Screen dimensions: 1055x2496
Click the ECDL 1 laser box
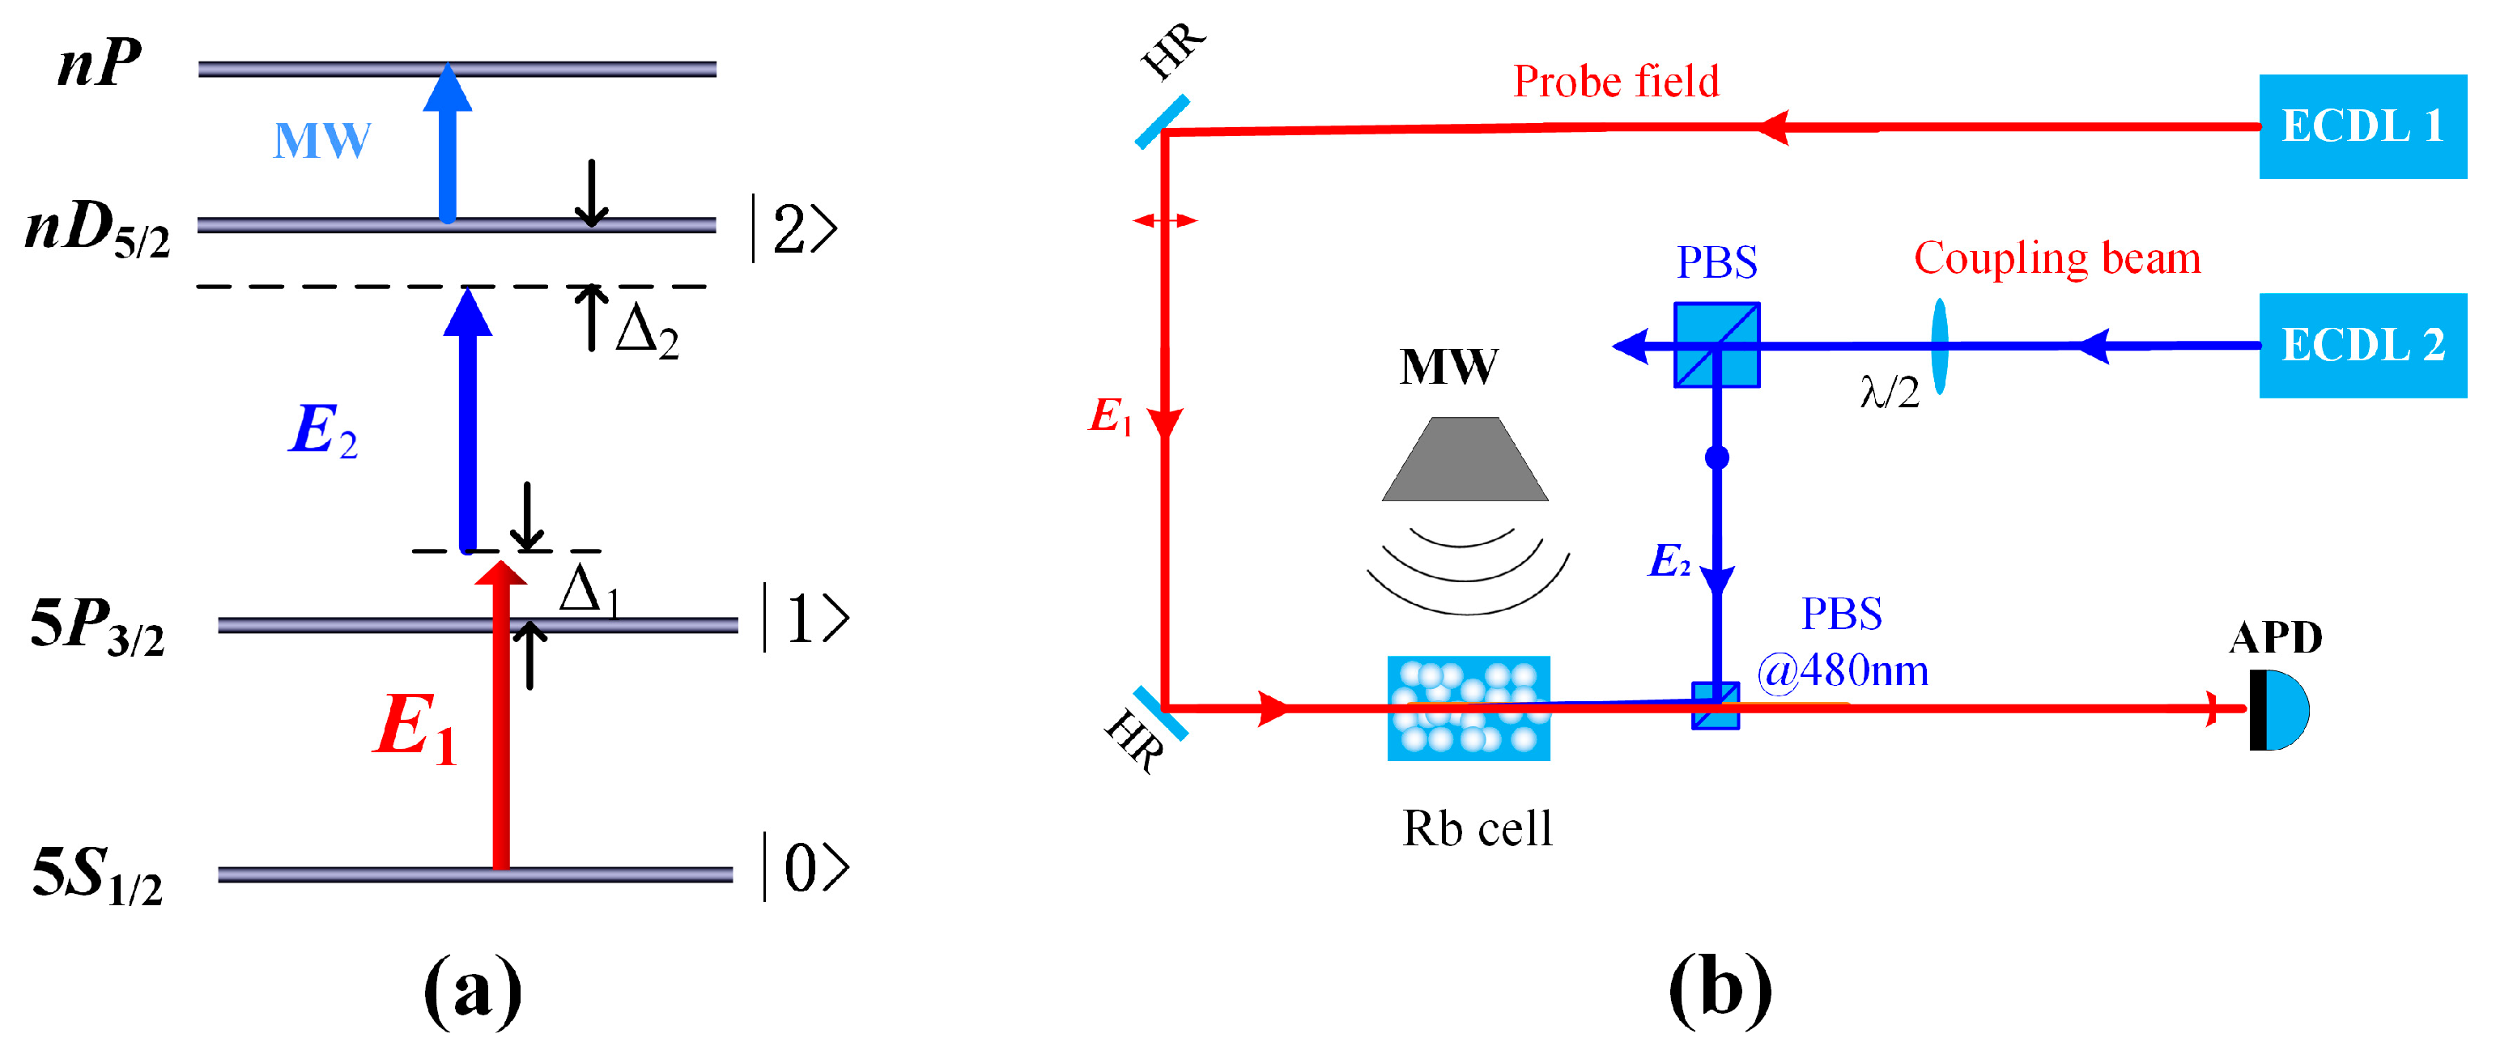(2362, 126)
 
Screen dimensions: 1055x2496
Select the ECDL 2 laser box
(2362, 345)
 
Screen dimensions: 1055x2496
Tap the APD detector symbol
(2280, 709)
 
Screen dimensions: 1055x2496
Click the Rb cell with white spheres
(1468, 708)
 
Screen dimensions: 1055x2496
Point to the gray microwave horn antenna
(1465, 459)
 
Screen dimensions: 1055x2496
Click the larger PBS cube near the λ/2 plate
(1716, 345)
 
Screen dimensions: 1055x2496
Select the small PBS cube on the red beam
(1715, 706)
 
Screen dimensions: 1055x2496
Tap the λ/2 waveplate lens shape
(1939, 346)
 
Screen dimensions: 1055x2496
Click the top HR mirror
(1162, 122)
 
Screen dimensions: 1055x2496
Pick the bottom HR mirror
(1160, 713)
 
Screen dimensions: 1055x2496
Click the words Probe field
(1615, 82)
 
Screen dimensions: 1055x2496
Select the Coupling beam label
(2056, 258)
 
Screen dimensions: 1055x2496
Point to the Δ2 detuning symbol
(646, 331)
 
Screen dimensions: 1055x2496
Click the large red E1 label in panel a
(414, 728)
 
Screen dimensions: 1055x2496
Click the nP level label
(100, 64)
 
